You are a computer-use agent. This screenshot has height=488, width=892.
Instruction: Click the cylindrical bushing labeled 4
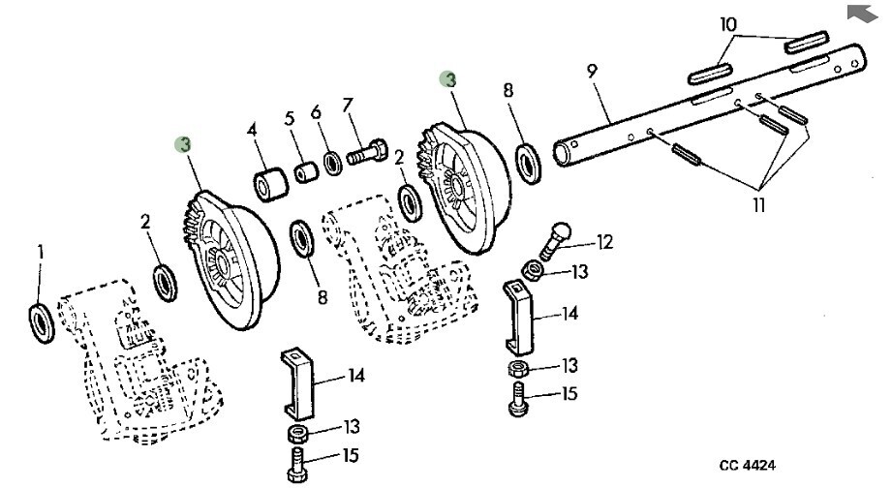coord(271,182)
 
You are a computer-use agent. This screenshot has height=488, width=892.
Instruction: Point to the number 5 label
coord(290,119)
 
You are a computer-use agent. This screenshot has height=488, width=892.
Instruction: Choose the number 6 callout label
coord(316,112)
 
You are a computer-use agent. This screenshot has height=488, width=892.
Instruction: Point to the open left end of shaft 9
coord(563,155)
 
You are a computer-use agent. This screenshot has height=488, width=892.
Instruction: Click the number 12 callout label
coord(605,242)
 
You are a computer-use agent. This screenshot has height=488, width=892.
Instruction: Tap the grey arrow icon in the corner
coord(860,13)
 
